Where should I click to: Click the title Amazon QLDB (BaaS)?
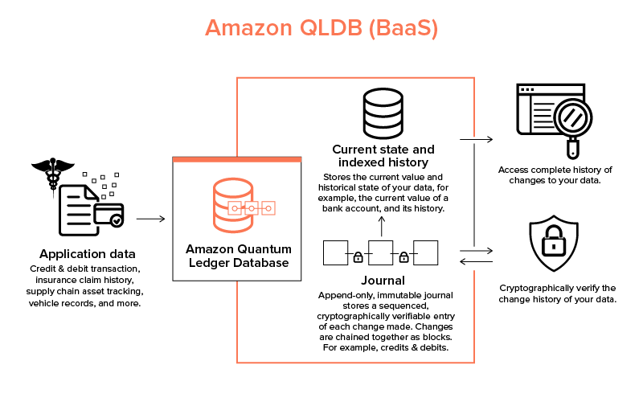point(321,27)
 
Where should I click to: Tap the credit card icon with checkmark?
point(109,213)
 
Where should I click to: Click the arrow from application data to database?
point(150,218)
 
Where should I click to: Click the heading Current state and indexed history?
point(383,156)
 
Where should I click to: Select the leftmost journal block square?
point(335,252)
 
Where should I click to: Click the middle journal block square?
point(380,252)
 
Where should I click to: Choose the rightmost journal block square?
point(425,252)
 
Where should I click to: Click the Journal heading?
point(383,281)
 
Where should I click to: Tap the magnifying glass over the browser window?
point(569,122)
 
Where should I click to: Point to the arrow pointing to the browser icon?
point(476,139)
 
